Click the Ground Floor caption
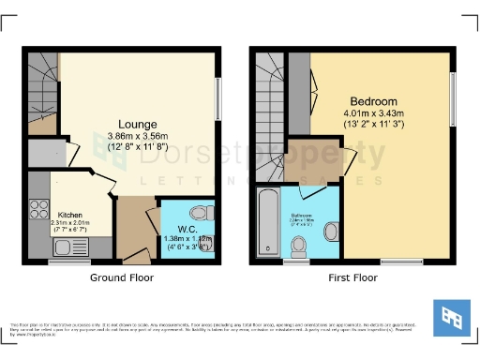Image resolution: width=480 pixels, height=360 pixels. [121, 277]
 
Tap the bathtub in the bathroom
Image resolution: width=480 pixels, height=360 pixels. [269, 222]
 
